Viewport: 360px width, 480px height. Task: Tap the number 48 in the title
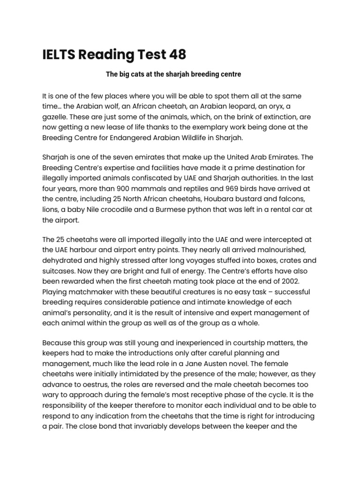(177, 55)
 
